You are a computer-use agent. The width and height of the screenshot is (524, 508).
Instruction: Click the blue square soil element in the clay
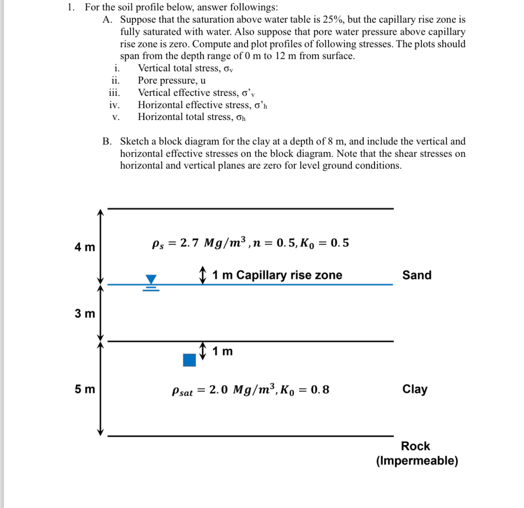(189, 360)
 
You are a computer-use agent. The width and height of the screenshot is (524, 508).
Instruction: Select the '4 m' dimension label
(85, 247)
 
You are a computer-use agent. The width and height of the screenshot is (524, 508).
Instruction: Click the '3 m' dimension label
(85, 313)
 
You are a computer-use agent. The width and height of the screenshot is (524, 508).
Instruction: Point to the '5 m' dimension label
(85, 389)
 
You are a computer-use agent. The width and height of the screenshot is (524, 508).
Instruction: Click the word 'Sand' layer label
(417, 275)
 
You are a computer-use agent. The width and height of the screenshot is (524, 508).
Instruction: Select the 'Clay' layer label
(415, 389)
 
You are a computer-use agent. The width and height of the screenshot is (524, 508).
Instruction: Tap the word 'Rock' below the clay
(415, 446)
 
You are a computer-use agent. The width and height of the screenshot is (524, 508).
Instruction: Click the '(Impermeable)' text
(417, 461)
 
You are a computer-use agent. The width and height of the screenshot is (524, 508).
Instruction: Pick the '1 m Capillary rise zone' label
(277, 275)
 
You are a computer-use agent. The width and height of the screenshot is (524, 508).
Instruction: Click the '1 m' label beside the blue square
(223, 351)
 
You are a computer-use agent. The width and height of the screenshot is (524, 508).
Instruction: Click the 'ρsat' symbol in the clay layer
(183, 391)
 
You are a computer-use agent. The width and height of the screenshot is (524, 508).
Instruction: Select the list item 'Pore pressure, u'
(172, 80)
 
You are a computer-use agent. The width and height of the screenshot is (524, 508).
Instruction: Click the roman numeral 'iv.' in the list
(115, 105)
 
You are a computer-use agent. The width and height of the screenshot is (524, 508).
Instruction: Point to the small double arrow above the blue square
(203, 351)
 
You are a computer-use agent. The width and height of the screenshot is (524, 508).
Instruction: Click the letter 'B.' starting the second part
(107, 141)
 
